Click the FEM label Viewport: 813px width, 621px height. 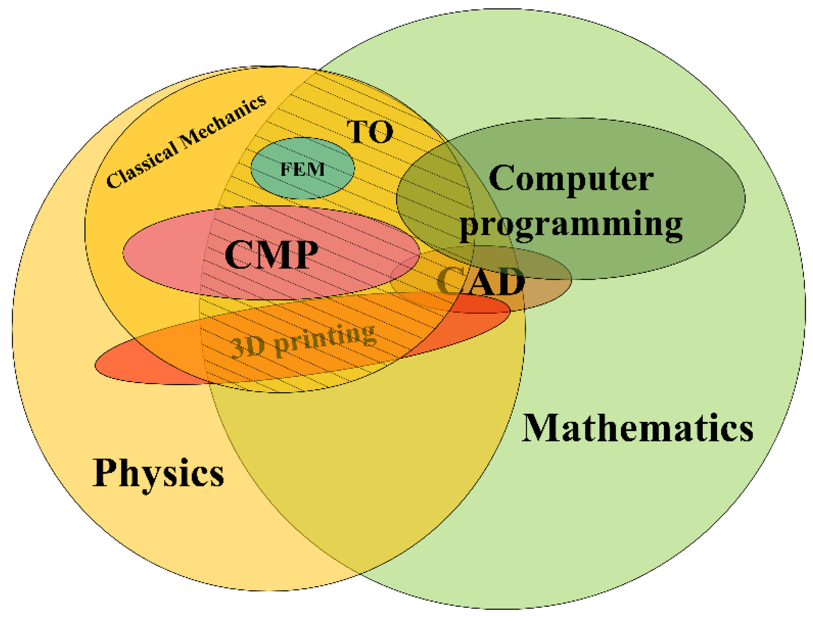[x=302, y=169]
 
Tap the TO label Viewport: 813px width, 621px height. [x=370, y=132]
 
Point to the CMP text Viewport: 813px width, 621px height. [x=271, y=255]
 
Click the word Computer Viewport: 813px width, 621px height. [x=571, y=179]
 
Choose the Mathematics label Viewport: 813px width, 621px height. [x=637, y=428]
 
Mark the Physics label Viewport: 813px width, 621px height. [x=158, y=473]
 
